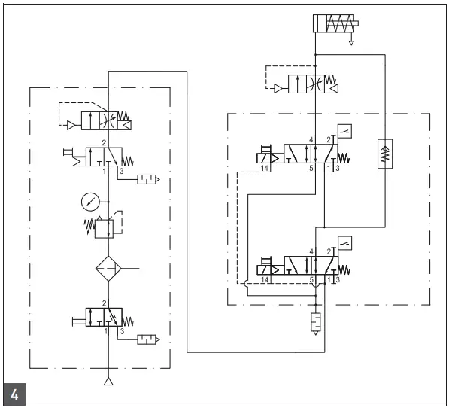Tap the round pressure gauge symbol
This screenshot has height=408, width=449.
pos(89,202)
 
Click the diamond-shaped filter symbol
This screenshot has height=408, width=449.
pos(110,269)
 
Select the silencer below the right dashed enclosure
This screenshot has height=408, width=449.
pos(314,322)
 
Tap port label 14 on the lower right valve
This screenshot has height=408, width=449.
pos(265,280)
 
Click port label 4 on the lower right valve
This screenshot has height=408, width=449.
pos(311,251)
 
